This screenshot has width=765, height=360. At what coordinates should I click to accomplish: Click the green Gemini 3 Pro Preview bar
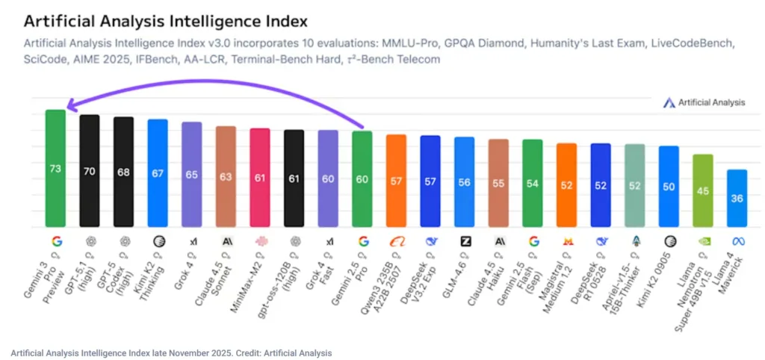click(55, 169)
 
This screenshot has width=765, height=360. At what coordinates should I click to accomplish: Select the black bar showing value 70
click(90, 171)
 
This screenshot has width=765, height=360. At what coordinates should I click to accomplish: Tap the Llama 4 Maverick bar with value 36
click(737, 198)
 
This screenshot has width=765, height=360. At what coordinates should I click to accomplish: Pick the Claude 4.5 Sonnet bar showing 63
click(226, 176)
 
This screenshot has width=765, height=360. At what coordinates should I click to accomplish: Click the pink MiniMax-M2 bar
click(260, 178)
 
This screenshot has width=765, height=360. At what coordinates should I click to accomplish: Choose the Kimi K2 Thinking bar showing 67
click(158, 173)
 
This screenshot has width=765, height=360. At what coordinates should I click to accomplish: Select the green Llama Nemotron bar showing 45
click(703, 190)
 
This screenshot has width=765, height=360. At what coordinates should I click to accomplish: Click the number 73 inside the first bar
click(55, 169)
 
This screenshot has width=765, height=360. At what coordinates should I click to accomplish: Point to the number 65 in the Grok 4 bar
click(192, 174)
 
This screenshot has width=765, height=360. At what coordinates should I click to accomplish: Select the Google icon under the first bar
click(56, 241)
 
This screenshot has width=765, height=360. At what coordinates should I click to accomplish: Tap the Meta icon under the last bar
click(737, 241)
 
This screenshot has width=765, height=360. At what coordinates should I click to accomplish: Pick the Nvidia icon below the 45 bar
click(703, 241)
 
